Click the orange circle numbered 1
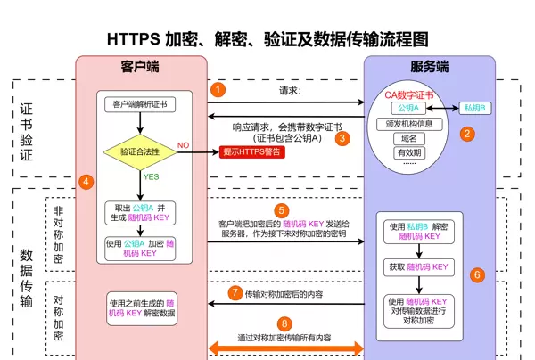[218, 89]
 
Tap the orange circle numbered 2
[465, 134]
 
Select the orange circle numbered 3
[342, 138]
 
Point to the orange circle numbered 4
[86, 181]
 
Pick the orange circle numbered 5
[281, 210]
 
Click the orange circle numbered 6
[477, 274]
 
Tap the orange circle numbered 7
[235, 291]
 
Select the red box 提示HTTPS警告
[252, 151]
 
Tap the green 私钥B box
[474, 109]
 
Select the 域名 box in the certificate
[408, 138]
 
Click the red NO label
[183, 144]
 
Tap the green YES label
[152, 176]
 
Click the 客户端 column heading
[140, 67]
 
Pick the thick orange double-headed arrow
[284, 346]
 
